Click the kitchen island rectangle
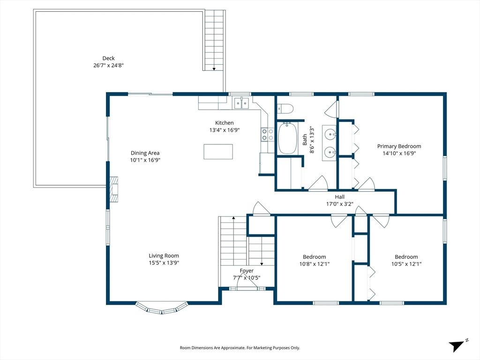(x=218, y=151)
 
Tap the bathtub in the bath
(x=287, y=138)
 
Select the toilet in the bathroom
(x=285, y=109)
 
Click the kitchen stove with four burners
(x=267, y=135)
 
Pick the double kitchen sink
(x=241, y=102)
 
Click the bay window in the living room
(x=162, y=307)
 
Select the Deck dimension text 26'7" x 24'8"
(x=108, y=66)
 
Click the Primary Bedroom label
(x=399, y=146)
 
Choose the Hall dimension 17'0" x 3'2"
(x=339, y=204)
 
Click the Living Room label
(x=164, y=255)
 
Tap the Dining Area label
(x=145, y=153)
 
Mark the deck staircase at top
(x=214, y=40)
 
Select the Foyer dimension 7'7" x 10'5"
(x=247, y=277)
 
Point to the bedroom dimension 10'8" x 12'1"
(x=314, y=264)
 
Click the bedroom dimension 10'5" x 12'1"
(x=406, y=264)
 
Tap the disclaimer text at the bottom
(x=240, y=348)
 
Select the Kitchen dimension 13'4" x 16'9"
(x=225, y=130)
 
